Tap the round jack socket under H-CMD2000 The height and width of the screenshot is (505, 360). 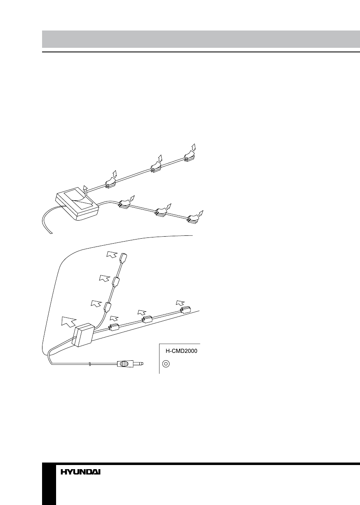(166, 364)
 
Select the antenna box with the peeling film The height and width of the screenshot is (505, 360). (77, 206)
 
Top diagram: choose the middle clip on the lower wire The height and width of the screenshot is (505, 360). (161, 211)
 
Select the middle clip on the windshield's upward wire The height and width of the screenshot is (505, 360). (117, 282)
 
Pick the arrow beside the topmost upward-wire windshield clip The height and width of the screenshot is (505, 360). (111, 254)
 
